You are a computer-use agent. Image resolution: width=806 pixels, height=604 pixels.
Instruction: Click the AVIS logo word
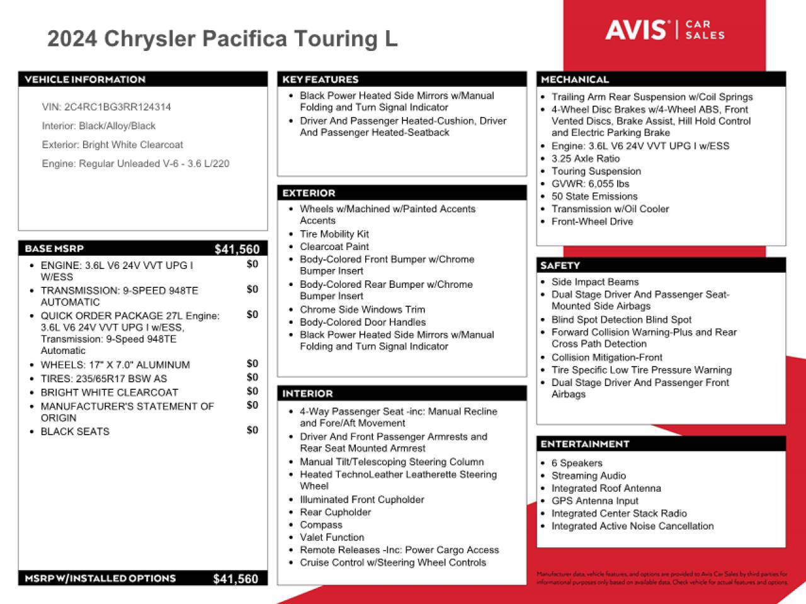636,30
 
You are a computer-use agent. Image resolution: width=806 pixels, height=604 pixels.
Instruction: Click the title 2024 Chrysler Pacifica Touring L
222,38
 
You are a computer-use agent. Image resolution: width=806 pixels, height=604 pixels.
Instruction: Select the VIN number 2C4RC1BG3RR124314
117,107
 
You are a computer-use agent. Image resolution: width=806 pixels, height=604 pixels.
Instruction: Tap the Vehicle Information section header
85,79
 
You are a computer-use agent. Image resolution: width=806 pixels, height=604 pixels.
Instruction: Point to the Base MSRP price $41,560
237,249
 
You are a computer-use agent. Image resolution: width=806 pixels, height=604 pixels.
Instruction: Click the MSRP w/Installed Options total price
236,579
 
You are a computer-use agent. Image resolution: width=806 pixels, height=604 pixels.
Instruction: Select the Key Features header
321,79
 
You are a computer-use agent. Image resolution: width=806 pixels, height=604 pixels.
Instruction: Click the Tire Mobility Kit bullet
334,234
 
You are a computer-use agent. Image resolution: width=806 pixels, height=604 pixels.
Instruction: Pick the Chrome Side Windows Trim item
362,310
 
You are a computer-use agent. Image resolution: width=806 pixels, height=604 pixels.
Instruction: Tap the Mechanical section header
575,79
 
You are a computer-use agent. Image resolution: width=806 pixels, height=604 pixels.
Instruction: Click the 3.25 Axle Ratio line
586,159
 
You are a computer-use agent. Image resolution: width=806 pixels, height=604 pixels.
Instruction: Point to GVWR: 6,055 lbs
590,184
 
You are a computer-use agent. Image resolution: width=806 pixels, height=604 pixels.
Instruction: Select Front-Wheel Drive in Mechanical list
592,222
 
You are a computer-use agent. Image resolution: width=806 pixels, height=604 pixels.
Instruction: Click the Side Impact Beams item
595,282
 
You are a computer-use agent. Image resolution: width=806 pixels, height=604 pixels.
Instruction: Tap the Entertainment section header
585,444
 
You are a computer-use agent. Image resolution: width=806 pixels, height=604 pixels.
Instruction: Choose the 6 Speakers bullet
577,464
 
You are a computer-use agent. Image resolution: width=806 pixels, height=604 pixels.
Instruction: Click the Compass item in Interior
321,525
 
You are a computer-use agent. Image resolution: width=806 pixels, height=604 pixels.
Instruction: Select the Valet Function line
332,538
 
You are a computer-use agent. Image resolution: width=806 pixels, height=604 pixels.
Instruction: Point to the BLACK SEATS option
75,432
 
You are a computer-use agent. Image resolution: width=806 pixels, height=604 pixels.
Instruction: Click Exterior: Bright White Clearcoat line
113,145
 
